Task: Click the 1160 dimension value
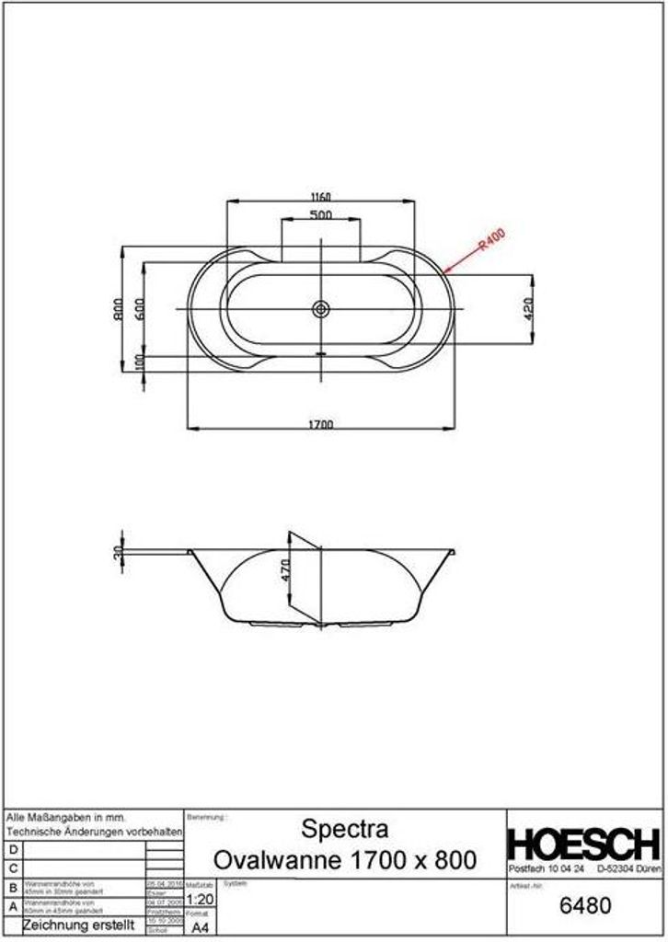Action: point(319,197)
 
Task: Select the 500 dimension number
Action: point(320,215)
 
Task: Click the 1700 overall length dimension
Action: point(320,424)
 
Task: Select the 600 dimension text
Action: point(139,308)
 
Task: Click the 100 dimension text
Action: point(139,362)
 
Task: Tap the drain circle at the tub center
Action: point(320,309)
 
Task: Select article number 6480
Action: point(584,905)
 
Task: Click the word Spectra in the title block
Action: point(345,829)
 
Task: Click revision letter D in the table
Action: point(12,849)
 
